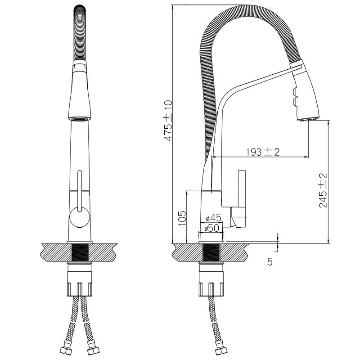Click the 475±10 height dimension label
(x=168, y=120)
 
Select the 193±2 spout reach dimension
(x=263, y=152)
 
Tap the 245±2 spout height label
(x=323, y=190)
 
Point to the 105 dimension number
(x=182, y=218)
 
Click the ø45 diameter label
(x=213, y=218)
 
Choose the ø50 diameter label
(x=211, y=228)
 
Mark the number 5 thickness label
(x=270, y=261)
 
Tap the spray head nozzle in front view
(x=80, y=119)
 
